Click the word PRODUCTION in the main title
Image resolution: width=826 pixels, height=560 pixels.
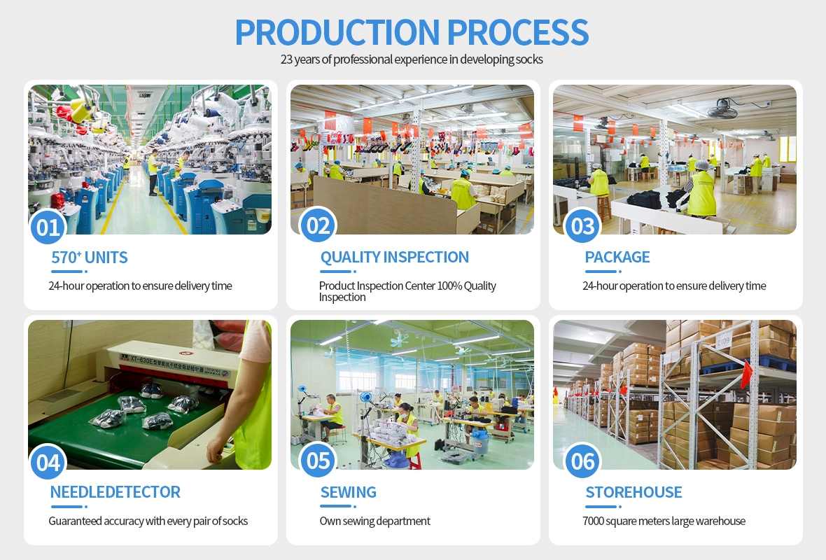(x=337, y=32)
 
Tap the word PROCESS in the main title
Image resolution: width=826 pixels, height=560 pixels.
(x=518, y=32)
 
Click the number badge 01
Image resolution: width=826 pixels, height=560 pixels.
(x=48, y=227)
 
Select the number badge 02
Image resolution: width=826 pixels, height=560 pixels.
(x=318, y=226)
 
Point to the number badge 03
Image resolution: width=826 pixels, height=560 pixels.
(x=582, y=226)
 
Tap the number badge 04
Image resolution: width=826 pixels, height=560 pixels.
(x=48, y=463)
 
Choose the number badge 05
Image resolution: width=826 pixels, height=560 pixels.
(x=318, y=461)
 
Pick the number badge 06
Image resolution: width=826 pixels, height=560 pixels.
(x=582, y=461)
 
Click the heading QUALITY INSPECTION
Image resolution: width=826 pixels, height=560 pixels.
(x=395, y=257)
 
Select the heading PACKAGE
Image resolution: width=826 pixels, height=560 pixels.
(x=617, y=257)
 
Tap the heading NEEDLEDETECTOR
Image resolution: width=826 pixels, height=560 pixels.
(x=115, y=492)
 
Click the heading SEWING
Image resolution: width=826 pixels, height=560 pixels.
(x=348, y=492)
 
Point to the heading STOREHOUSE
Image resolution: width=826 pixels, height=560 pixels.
(x=633, y=492)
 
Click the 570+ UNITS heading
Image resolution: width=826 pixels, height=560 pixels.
(x=90, y=257)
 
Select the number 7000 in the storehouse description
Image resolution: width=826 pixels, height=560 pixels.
(x=593, y=521)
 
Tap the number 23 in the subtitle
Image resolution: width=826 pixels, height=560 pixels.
(x=286, y=59)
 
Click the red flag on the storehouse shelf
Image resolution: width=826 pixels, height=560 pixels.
(x=746, y=374)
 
